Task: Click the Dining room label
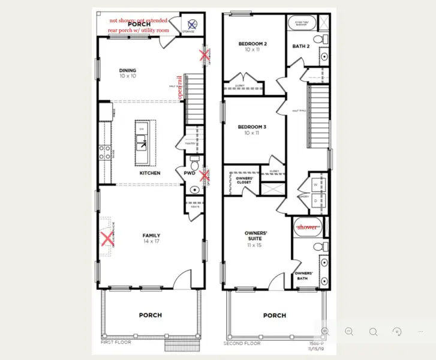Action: [127, 73]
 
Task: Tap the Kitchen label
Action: [150, 173]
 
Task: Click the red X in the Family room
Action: [107, 239]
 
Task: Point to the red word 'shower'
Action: [307, 227]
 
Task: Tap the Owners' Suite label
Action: [256, 236]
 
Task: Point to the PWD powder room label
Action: [190, 173]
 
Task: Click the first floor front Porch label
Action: [150, 315]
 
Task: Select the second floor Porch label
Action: [275, 315]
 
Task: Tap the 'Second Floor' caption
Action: [242, 343]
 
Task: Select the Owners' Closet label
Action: [244, 181]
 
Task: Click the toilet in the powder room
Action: [194, 163]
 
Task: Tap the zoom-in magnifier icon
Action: [325, 331]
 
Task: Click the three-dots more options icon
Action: [421, 331]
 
